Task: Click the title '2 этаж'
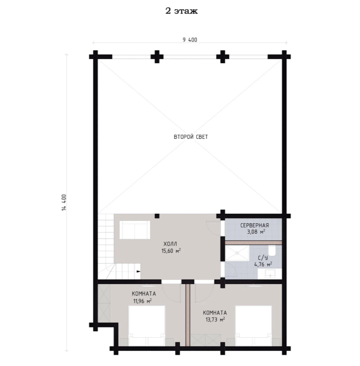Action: (x=182, y=11)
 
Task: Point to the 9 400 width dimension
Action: (x=190, y=40)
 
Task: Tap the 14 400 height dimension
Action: (x=64, y=203)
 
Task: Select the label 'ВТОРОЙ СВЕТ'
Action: (x=191, y=137)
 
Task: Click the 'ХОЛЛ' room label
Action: (x=170, y=244)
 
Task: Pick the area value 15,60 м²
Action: (x=171, y=251)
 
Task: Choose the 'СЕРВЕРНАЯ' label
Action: (x=255, y=225)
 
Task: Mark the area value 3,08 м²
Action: (x=256, y=232)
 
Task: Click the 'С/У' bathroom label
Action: (x=263, y=258)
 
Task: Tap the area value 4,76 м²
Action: (x=263, y=265)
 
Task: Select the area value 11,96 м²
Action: (x=143, y=301)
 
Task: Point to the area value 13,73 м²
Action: (x=215, y=319)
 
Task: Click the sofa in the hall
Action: (x=135, y=230)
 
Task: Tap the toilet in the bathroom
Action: (x=272, y=250)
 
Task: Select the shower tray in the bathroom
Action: (x=237, y=253)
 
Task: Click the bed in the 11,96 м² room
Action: (x=147, y=326)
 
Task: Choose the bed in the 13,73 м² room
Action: (x=253, y=326)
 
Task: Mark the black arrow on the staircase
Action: (x=139, y=271)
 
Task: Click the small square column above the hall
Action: (x=157, y=216)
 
